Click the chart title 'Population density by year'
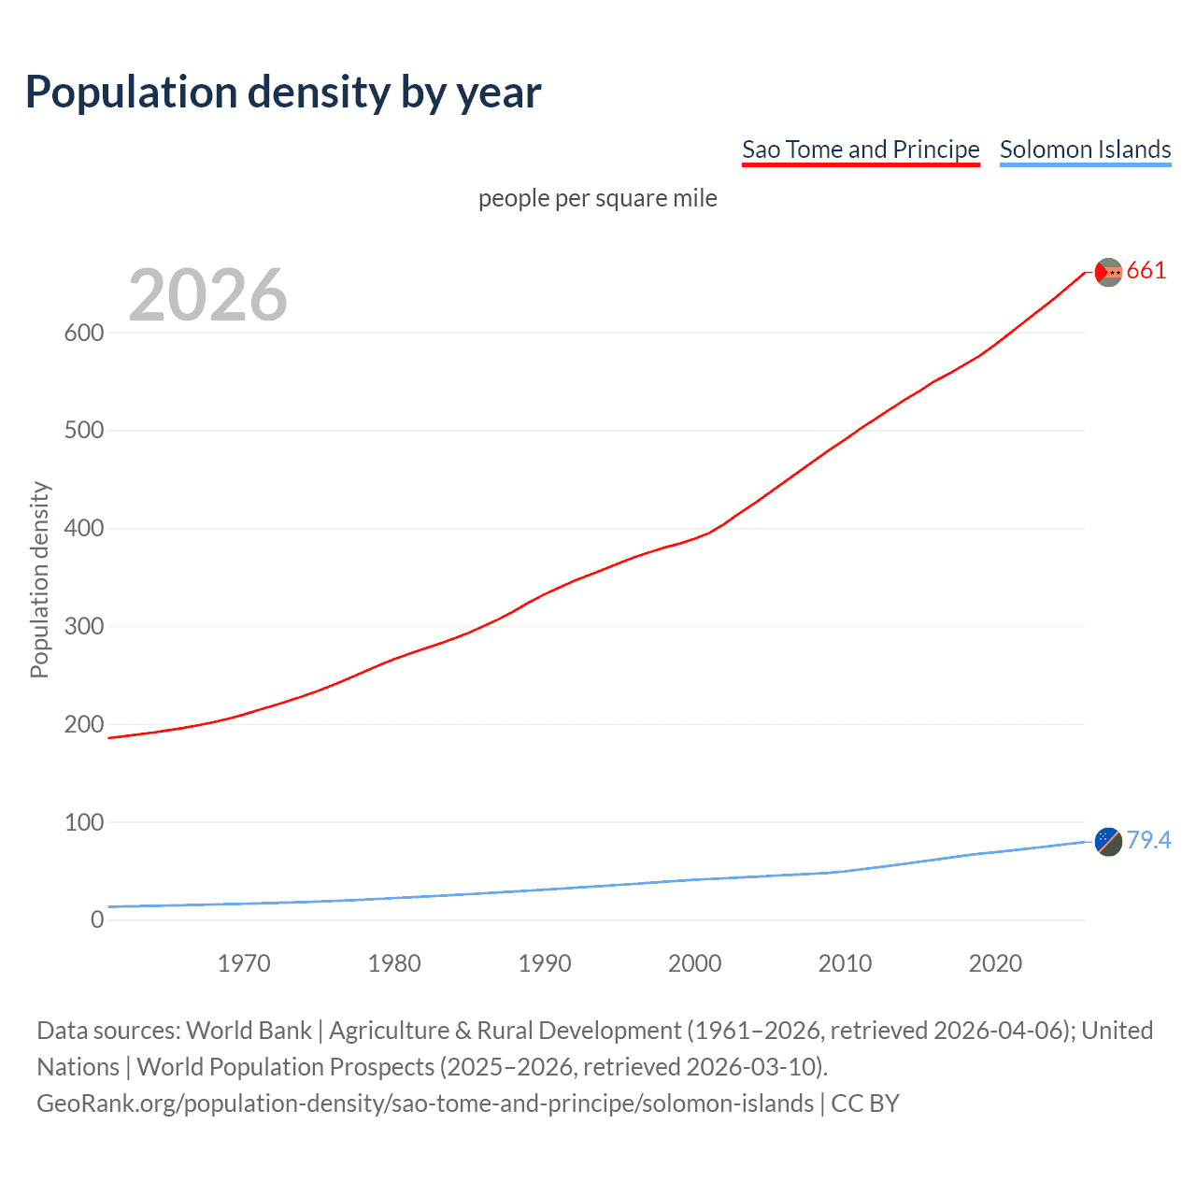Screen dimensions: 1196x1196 point(283,93)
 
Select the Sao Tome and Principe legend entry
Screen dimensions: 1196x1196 point(860,149)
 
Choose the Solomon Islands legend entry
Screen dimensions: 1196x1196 point(1085,149)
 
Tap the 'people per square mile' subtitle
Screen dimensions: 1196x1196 point(597,199)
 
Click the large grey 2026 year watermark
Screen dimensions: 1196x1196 point(207,295)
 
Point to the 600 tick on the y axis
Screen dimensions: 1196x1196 point(84,333)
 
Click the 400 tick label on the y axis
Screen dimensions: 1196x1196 point(84,529)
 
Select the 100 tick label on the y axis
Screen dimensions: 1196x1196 point(84,822)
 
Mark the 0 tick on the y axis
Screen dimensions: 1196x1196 point(97,920)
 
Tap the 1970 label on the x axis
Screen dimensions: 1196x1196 point(244,963)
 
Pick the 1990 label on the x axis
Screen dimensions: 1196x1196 point(545,963)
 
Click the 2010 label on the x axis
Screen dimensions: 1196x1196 point(845,963)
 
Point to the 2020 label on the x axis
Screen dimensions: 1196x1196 point(995,963)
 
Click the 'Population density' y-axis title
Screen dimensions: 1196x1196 point(39,579)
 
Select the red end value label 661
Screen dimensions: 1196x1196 point(1146,271)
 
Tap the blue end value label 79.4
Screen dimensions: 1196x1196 point(1148,841)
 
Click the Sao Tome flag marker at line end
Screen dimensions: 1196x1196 point(1108,272)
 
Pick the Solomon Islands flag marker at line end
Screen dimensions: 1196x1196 point(1108,842)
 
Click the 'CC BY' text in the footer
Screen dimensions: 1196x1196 point(865,1103)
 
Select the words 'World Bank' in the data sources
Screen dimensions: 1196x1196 point(249,1031)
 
